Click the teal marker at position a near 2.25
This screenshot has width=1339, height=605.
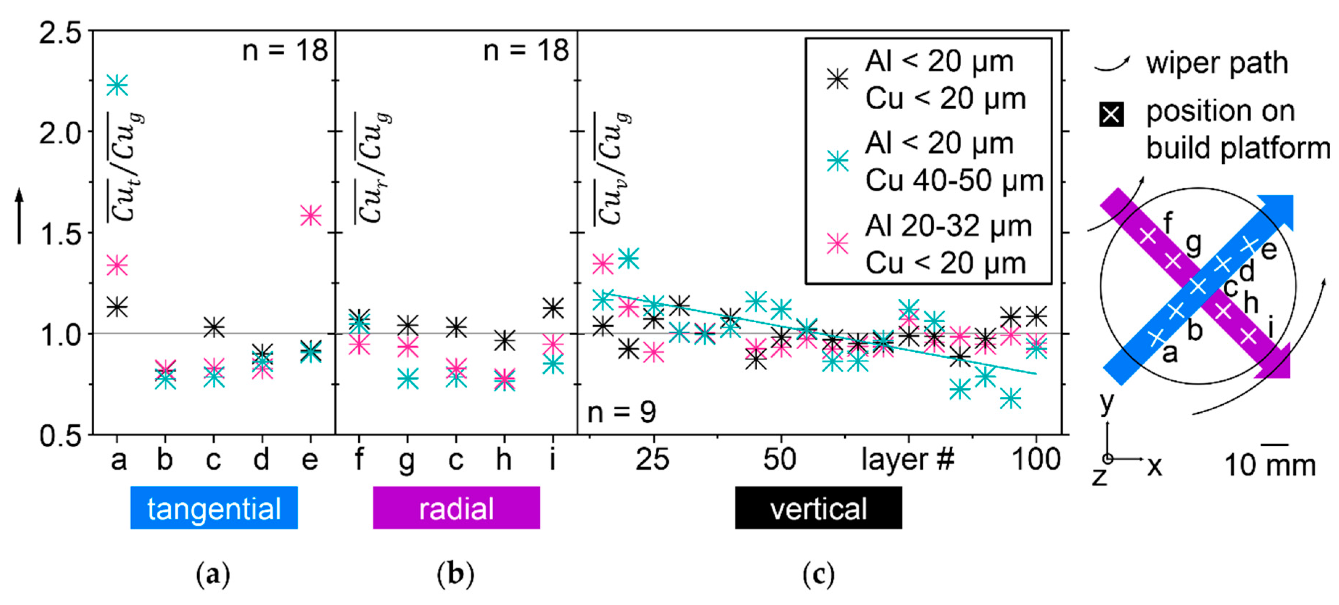[x=117, y=85]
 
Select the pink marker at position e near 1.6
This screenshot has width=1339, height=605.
[x=311, y=215]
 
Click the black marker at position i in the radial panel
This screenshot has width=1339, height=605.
[x=553, y=308]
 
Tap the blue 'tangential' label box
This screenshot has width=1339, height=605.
[x=214, y=508]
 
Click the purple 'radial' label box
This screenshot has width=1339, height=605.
[x=456, y=508]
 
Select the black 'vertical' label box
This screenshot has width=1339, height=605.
[x=818, y=508]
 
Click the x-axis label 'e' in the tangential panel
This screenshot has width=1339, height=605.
[x=310, y=459]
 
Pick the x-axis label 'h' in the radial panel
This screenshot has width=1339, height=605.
[x=504, y=459]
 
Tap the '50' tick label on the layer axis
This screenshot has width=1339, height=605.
[x=779, y=459]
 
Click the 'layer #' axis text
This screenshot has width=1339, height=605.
[x=907, y=459]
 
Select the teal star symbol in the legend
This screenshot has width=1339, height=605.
[x=837, y=161]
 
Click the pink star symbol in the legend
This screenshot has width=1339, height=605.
[x=837, y=243]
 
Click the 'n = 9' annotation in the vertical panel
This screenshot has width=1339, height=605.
[x=621, y=412]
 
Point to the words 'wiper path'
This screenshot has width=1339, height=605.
[x=1217, y=64]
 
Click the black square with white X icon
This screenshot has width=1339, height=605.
[x=1111, y=114]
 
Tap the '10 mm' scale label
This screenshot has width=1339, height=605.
[x=1270, y=465]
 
